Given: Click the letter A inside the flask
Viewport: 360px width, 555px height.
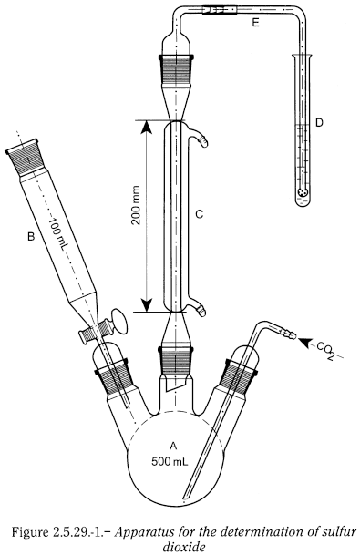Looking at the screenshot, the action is point(173,447).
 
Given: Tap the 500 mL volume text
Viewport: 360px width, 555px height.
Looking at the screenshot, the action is point(170,461).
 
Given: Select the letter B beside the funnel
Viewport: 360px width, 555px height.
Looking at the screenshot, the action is point(31,236).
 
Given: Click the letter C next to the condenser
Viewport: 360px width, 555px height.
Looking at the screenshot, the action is point(200,214).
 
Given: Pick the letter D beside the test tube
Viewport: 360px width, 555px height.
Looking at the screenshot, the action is point(319,123).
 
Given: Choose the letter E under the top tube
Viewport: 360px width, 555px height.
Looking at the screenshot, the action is point(255,23).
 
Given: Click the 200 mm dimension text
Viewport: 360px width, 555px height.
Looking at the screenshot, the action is point(136,205).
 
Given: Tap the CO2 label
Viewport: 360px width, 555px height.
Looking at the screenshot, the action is point(325,350).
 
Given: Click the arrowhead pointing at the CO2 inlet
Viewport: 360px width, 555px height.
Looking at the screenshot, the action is point(304,342).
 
